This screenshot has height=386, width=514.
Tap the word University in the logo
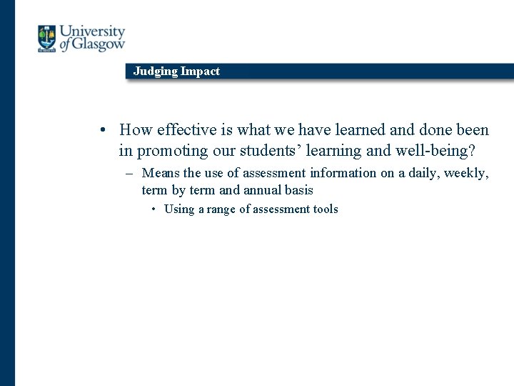(x=92, y=32)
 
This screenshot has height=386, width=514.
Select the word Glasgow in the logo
(x=99, y=44)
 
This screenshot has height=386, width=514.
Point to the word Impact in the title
(x=201, y=71)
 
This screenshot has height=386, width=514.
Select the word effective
(x=185, y=130)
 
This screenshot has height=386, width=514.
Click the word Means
(x=161, y=173)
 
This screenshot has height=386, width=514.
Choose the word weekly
(x=466, y=173)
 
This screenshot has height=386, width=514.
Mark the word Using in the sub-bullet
(x=179, y=209)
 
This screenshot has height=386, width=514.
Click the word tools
(x=325, y=209)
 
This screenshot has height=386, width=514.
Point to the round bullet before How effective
(x=104, y=131)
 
